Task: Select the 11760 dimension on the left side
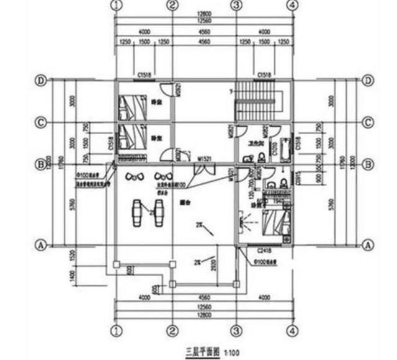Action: coord(60,164)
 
